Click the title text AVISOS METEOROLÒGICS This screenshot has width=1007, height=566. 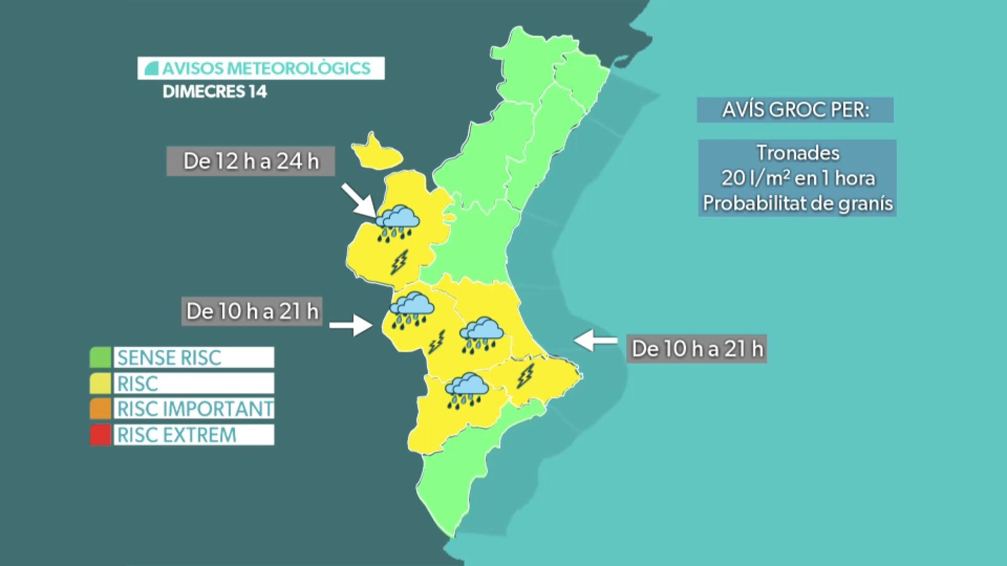coord(266,68)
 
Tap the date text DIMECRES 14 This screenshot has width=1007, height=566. coord(215,92)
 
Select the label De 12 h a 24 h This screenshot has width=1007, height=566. coord(250,162)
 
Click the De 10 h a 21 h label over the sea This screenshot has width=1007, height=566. coord(697,348)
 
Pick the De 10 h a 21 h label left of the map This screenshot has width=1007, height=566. coord(252,311)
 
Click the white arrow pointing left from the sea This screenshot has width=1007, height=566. coord(595,340)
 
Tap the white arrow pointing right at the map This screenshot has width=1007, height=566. coord(351,325)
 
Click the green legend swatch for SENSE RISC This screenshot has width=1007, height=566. coord(100,357)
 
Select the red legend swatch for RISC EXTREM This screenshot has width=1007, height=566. coord(100,435)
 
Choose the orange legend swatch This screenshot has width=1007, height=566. coord(100,409)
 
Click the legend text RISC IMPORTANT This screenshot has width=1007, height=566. coord(194,409)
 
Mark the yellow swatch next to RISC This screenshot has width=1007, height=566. coord(100,383)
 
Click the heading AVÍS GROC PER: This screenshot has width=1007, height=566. coord(795,110)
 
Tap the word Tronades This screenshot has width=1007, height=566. coord(797,153)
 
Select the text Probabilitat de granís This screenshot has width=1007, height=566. coord(797,203)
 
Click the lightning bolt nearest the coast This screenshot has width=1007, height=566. coord(525,376)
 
